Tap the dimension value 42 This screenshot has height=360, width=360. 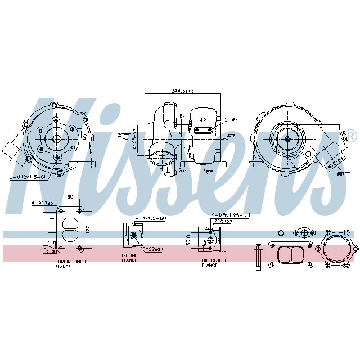[x=202, y=119]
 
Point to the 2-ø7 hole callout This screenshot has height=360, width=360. [x=231, y=120]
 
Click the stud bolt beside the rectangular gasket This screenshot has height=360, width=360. [x=258, y=256]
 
